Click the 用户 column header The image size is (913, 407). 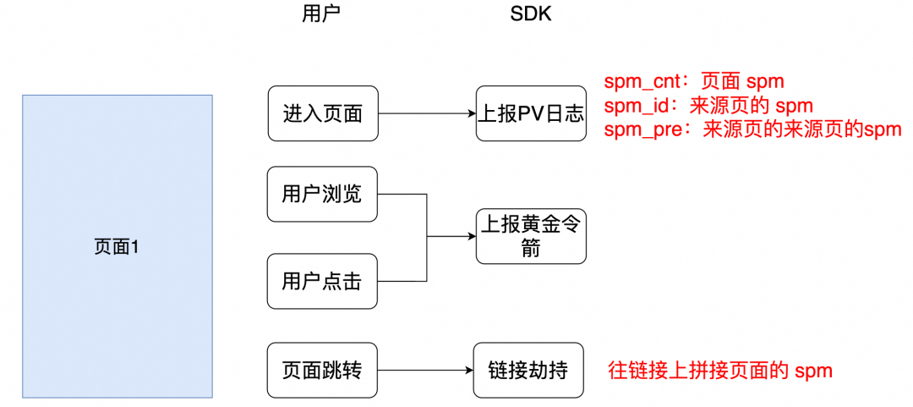(x=321, y=14)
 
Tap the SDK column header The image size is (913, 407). (x=530, y=14)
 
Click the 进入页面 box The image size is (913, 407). (x=322, y=113)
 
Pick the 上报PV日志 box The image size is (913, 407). (x=531, y=113)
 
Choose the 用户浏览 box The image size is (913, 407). (x=322, y=195)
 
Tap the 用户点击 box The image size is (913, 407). (x=322, y=281)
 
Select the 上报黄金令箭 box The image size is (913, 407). (x=531, y=236)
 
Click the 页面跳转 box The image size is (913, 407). (x=322, y=370)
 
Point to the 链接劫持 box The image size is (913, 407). (x=528, y=370)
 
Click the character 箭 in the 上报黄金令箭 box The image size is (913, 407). (x=531, y=250)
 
